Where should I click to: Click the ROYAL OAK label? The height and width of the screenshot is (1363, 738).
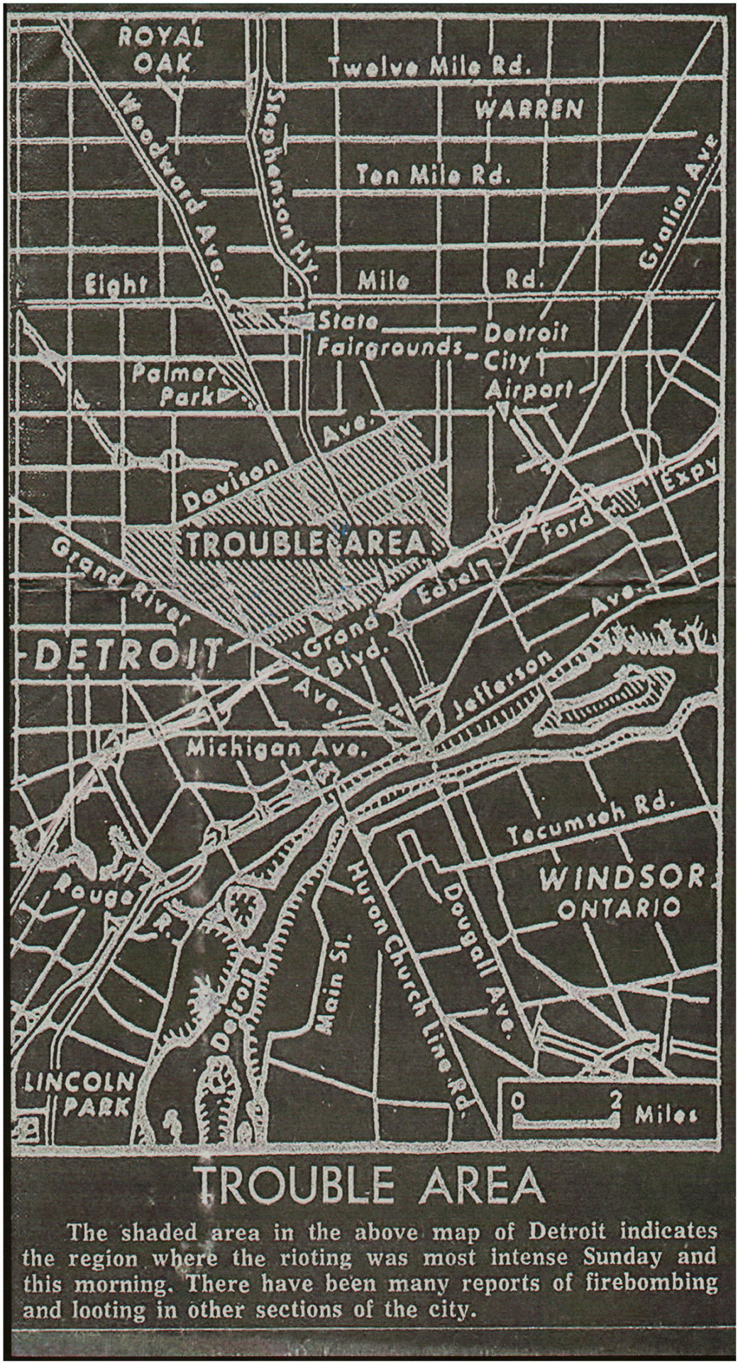coord(161,50)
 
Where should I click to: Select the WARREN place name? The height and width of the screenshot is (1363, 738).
coord(529,109)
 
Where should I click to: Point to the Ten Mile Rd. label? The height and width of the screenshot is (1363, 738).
coord(433,174)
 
